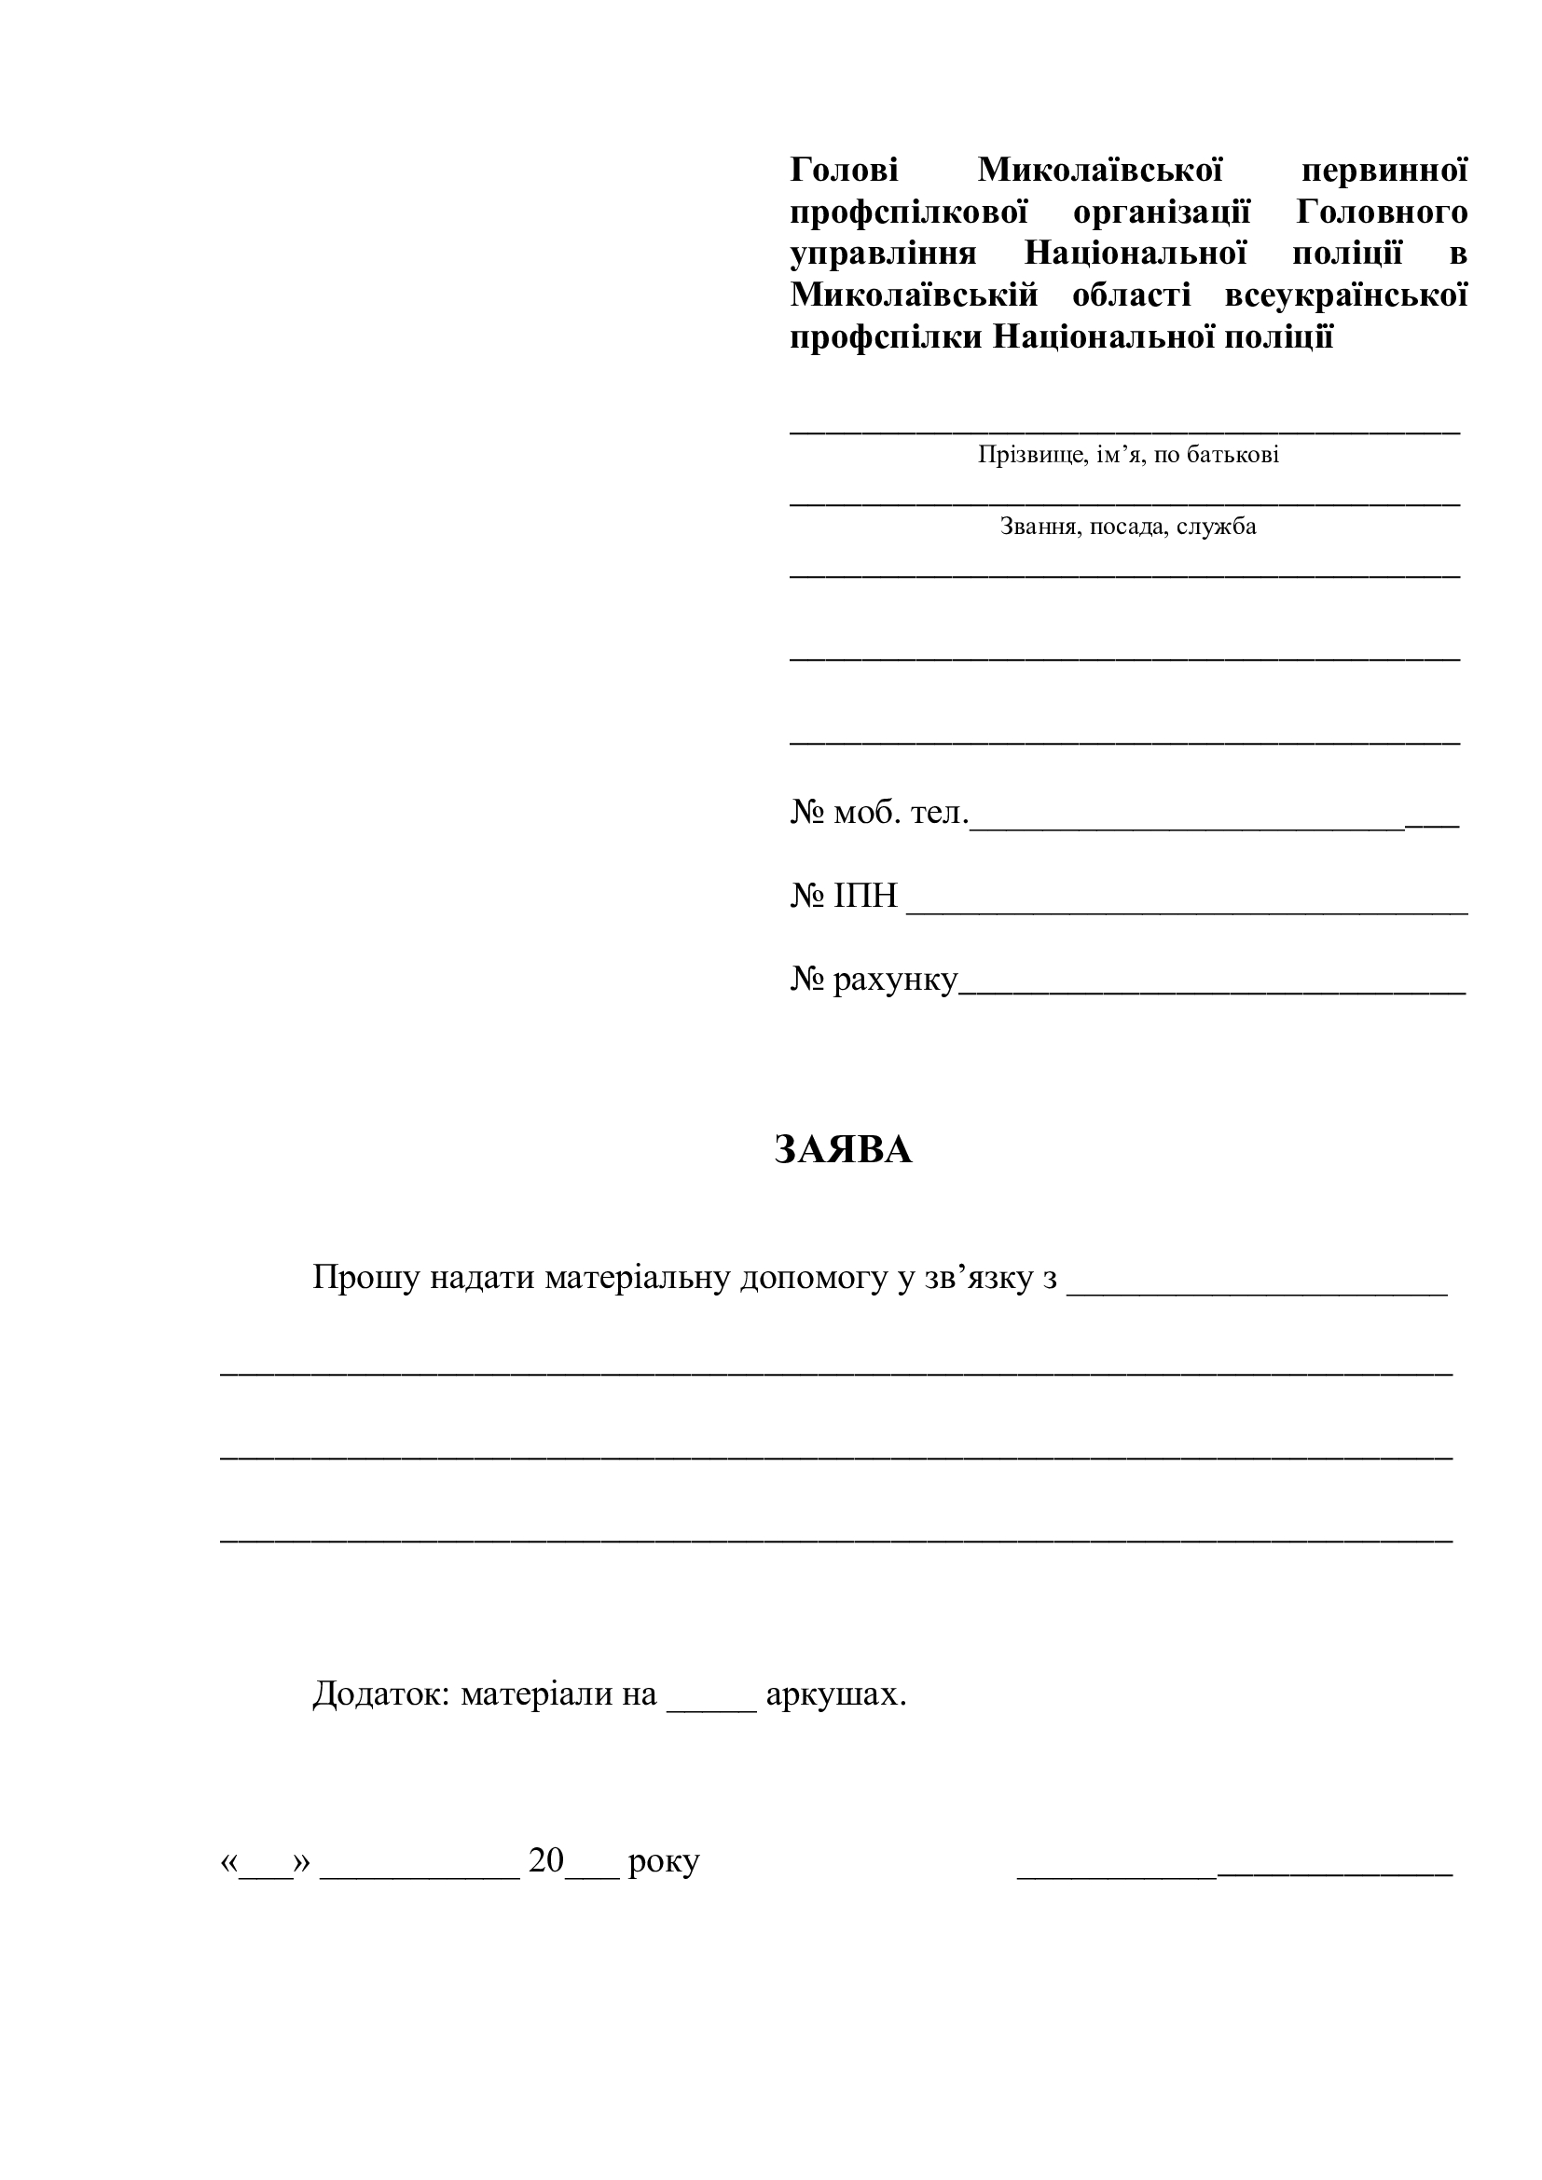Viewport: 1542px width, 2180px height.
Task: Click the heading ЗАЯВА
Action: tap(843, 1150)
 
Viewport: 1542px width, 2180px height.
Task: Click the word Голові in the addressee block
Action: tap(843, 171)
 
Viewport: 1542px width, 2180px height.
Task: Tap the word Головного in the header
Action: tap(1382, 213)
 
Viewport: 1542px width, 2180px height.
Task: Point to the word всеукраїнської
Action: tap(1345, 295)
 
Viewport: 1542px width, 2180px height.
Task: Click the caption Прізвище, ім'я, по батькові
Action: tap(1128, 456)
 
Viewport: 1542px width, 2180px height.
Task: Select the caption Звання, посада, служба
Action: tap(1128, 527)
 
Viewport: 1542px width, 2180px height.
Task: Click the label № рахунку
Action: tap(874, 980)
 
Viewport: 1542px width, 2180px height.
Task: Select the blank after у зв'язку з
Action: tap(1257, 1283)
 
